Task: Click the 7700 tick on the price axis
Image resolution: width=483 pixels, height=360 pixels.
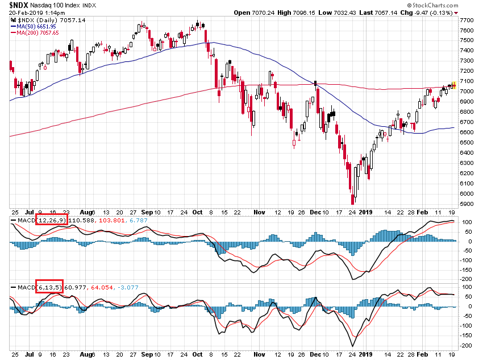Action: point(467,20)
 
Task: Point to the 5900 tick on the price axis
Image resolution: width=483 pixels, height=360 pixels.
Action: point(467,203)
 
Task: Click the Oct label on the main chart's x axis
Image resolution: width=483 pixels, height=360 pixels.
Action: point(198,212)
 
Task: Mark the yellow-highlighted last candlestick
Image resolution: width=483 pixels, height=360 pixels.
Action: point(453,85)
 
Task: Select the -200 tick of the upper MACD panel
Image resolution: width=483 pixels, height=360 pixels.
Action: point(467,279)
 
